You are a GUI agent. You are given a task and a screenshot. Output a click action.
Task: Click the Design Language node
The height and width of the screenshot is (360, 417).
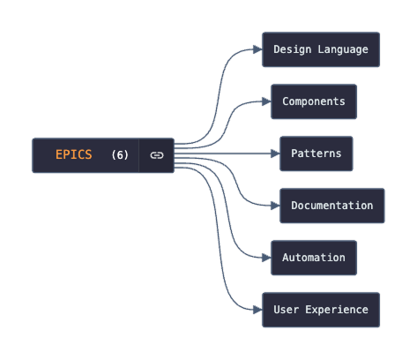click(321, 49)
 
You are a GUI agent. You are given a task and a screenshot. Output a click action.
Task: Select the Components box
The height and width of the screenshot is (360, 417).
click(314, 101)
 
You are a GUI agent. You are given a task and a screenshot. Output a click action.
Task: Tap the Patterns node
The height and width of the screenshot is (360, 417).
click(316, 154)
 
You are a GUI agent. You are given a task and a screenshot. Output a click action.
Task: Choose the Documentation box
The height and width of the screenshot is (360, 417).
click(332, 206)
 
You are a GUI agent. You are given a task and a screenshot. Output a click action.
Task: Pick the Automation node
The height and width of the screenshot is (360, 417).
click(314, 258)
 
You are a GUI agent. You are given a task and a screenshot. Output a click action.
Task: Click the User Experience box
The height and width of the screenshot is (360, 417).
click(321, 310)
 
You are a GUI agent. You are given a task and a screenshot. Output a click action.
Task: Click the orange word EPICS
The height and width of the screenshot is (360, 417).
click(73, 155)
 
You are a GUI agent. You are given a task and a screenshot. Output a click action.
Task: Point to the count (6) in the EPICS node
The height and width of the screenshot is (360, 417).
click(120, 155)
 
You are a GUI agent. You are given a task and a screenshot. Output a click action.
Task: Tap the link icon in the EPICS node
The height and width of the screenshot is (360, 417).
click(157, 155)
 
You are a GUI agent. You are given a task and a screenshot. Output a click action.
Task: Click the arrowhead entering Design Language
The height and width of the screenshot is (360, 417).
click(257, 49)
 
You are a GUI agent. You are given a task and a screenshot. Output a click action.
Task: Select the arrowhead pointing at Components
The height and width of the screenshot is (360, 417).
click(266, 101)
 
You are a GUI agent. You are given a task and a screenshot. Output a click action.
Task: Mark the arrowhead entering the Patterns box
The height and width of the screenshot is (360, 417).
click(275, 154)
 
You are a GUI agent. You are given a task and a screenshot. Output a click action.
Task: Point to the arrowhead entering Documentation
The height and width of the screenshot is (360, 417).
click(275, 206)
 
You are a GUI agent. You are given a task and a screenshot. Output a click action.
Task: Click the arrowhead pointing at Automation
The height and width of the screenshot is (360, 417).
click(266, 258)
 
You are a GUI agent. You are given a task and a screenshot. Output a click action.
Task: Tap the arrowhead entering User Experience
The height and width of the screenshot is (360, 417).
click(257, 310)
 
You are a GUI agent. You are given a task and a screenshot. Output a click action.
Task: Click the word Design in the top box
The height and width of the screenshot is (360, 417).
click(292, 49)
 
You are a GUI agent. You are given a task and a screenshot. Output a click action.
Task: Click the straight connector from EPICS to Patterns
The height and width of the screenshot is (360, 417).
click(225, 154)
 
